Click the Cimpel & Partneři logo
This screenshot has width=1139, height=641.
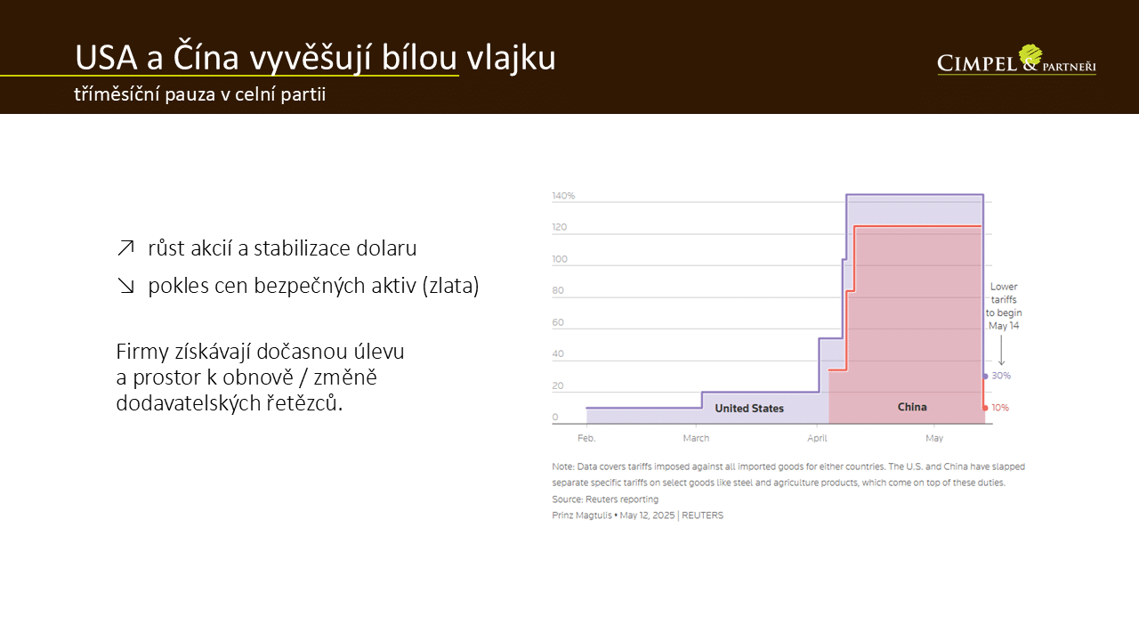[x=1016, y=61]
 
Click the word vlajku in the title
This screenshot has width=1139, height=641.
[x=511, y=59]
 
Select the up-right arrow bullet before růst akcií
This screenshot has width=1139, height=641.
[x=125, y=248]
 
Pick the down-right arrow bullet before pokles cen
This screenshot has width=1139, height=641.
[x=125, y=286]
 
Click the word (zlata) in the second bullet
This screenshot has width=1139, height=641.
[x=450, y=286]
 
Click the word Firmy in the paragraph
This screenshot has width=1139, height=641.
[x=142, y=352]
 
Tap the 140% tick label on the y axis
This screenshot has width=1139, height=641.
[x=563, y=196]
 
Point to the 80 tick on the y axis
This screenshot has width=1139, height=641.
[x=558, y=290]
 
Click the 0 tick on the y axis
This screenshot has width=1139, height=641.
[x=555, y=418]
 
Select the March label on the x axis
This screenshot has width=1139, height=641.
[x=696, y=438]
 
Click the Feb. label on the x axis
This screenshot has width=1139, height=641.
[x=586, y=438]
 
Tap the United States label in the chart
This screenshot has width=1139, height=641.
[x=749, y=409]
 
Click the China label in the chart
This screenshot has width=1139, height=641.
[x=912, y=407]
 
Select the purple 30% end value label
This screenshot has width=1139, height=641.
[x=1001, y=376]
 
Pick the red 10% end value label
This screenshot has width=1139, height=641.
[x=999, y=408]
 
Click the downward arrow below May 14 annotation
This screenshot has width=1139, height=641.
[x=1001, y=350]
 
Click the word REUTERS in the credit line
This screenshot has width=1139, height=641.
[x=702, y=515]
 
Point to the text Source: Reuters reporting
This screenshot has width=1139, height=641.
[x=605, y=499]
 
